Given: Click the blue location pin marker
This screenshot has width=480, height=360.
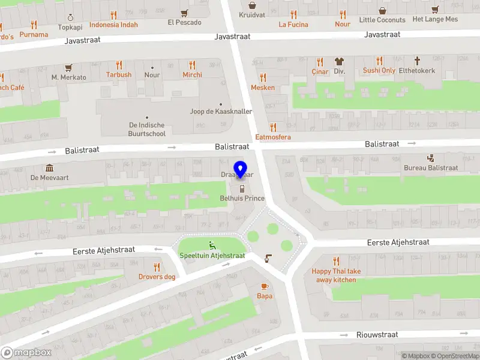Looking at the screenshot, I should (x=241, y=168).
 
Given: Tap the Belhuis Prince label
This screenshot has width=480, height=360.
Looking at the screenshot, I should (x=242, y=198).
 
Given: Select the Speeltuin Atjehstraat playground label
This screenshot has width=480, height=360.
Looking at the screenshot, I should (x=212, y=256).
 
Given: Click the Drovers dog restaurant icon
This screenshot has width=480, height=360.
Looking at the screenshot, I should (x=157, y=267).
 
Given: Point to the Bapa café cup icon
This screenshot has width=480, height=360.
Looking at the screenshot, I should (x=265, y=287).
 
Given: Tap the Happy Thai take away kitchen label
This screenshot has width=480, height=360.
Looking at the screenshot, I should (x=337, y=275).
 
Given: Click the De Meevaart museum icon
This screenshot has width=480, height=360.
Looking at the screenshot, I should (x=49, y=168).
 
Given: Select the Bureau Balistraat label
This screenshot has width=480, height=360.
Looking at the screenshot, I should (x=430, y=168).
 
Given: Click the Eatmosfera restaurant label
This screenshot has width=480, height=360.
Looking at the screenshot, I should (x=273, y=137).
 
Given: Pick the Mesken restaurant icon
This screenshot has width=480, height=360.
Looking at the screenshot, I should (x=263, y=77).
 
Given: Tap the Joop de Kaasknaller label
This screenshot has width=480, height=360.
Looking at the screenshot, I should (x=221, y=112).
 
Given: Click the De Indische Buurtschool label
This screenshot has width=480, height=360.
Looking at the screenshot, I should (x=147, y=129).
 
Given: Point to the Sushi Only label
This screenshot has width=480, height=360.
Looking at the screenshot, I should (x=379, y=71).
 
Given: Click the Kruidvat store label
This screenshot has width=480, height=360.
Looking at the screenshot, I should (x=252, y=14).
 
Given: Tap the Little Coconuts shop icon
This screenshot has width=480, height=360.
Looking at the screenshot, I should (x=383, y=10).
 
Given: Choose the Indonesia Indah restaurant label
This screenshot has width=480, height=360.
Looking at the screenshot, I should (x=113, y=25).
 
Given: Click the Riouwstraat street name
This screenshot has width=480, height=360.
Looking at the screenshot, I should (x=377, y=335).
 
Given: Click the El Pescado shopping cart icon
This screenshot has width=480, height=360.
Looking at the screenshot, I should (x=184, y=13).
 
